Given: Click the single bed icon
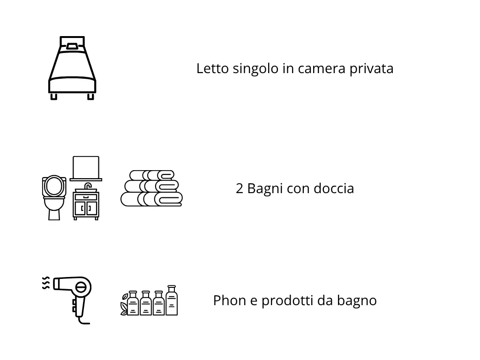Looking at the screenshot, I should (x=72, y=68).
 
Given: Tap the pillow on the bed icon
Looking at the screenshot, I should (x=72, y=46).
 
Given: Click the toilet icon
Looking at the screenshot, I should (x=54, y=197).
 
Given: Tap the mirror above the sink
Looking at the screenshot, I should (x=86, y=167).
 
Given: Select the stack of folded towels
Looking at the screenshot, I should (x=151, y=188).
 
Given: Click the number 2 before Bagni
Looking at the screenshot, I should (x=240, y=189).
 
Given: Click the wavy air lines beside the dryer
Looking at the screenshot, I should (x=46, y=284).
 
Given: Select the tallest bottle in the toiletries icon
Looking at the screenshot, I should (x=172, y=300).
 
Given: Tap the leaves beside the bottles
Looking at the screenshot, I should (x=124, y=304).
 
